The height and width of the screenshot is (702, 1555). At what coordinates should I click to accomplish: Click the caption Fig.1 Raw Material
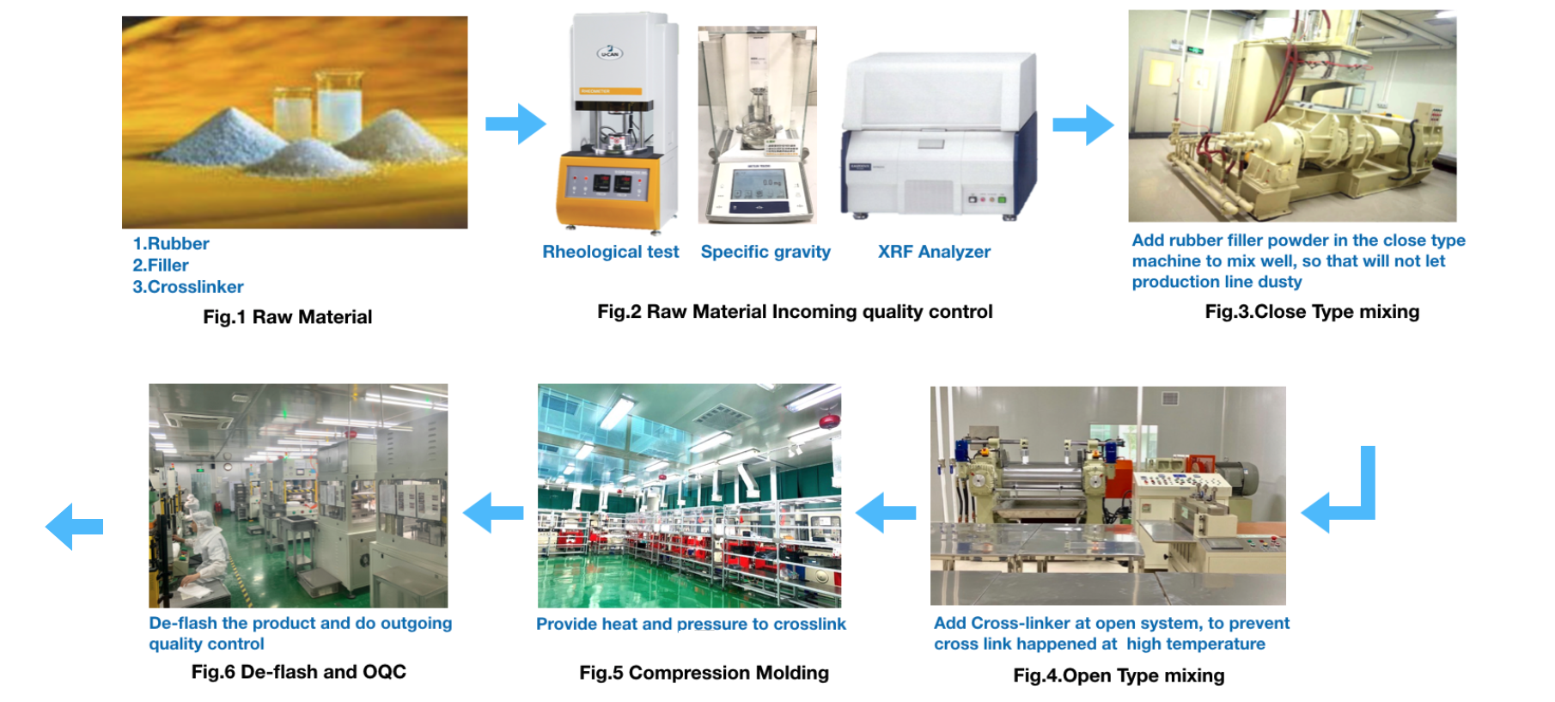[288, 317]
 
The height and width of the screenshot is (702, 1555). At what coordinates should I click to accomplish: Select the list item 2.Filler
[161, 266]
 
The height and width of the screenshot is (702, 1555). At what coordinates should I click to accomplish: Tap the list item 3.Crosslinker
[188, 287]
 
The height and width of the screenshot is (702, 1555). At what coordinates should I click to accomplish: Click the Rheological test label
[611, 252]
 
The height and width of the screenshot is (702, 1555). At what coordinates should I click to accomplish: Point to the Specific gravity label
[765, 252]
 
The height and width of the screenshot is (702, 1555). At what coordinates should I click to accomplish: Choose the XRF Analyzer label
[934, 252]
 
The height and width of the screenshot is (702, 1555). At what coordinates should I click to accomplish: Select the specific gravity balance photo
[757, 125]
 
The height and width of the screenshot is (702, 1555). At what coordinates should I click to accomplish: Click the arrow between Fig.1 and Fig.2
[515, 124]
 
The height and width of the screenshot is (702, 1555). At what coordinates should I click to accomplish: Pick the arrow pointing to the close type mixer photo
[1083, 125]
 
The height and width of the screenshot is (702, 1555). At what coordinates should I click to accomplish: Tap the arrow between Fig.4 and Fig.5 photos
[886, 513]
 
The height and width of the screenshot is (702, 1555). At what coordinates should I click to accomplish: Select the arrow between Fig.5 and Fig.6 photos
[493, 513]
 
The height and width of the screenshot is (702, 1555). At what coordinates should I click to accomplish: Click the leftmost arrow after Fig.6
[74, 526]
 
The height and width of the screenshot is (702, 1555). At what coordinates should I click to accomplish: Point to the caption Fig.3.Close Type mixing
[1312, 312]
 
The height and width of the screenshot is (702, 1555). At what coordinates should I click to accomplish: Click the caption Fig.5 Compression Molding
[704, 673]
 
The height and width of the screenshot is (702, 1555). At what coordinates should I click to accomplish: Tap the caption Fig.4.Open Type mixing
[1119, 675]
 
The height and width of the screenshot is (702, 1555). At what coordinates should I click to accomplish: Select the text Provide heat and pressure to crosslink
[691, 624]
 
